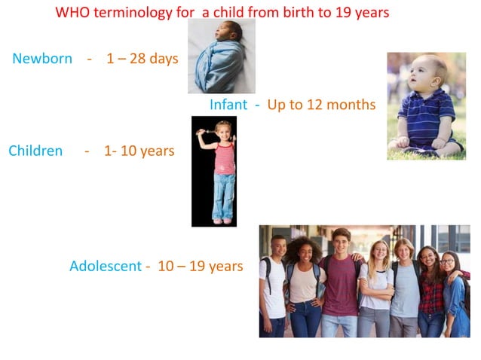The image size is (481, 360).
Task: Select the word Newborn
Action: point(42,59)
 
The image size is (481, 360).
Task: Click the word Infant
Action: point(228,105)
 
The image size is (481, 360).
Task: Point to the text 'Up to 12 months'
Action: point(321,105)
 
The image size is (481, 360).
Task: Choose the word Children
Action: point(35,151)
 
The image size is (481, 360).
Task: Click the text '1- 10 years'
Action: point(139,151)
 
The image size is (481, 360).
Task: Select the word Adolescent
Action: point(105,266)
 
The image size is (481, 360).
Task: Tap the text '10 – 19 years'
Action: point(200,266)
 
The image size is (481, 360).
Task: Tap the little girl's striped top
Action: point(224,160)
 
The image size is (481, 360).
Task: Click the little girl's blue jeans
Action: point(223,196)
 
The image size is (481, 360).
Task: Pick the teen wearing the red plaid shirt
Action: point(430,290)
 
